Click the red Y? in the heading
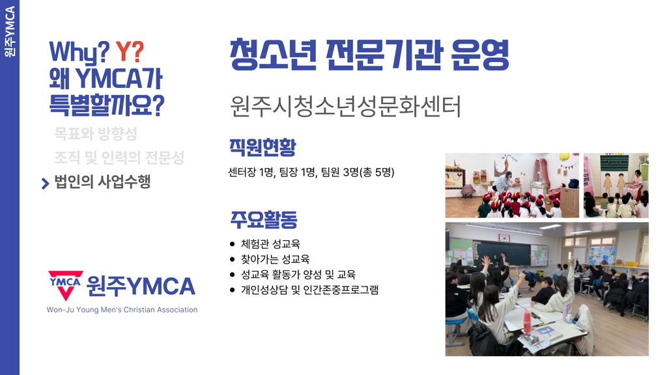[x=130, y=52]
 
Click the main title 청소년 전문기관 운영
[x=369, y=55]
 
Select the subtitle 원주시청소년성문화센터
[x=345, y=106]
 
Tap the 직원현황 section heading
[x=263, y=147]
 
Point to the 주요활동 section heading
[x=264, y=219]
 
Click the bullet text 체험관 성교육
[x=270, y=244]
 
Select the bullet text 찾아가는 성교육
[x=276, y=259]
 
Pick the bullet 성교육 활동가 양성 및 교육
[x=298, y=275]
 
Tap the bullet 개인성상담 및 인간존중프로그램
[x=309, y=290]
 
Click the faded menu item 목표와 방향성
[x=96, y=134]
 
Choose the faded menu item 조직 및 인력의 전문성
[x=119, y=158]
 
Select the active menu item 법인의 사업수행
[x=102, y=182]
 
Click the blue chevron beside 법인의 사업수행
[x=45, y=183]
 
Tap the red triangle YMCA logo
[x=66, y=285]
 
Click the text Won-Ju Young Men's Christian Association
[x=122, y=310]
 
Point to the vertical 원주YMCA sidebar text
[x=9, y=31]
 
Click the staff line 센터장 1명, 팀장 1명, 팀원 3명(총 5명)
[x=311, y=172]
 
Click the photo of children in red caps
[x=512, y=186]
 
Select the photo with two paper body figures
[x=616, y=186]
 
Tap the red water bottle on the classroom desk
[x=527, y=322]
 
